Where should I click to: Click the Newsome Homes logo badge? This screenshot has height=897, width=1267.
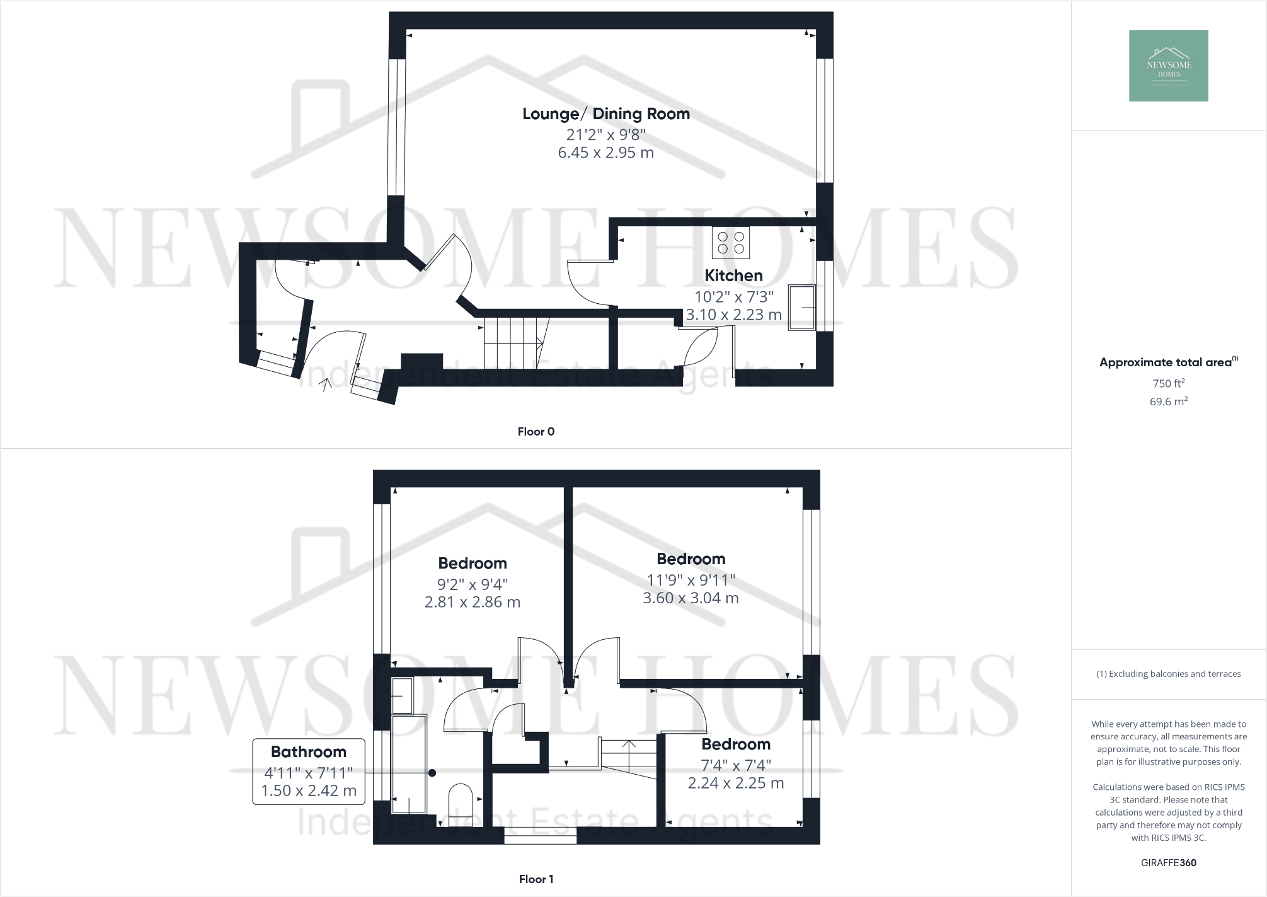pyautogui.click(x=1168, y=66)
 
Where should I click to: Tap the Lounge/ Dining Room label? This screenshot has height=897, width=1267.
pyautogui.click(x=605, y=114)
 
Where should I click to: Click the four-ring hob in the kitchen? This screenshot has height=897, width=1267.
pyautogui.click(x=731, y=243)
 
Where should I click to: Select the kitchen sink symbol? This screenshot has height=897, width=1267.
pyautogui.click(x=801, y=308)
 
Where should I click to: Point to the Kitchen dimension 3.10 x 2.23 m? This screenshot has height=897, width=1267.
pyautogui.click(x=733, y=315)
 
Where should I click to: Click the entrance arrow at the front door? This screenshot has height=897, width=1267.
pyautogui.click(x=326, y=384)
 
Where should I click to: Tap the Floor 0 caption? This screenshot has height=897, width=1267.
pyautogui.click(x=536, y=432)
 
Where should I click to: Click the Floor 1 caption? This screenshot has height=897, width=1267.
pyautogui.click(x=536, y=879)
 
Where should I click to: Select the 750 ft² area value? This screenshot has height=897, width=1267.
pyautogui.click(x=1168, y=383)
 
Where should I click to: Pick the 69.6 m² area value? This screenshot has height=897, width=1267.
pyautogui.click(x=1168, y=402)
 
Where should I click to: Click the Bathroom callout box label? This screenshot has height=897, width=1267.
pyautogui.click(x=308, y=752)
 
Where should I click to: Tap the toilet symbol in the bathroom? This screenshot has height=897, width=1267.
pyautogui.click(x=460, y=799)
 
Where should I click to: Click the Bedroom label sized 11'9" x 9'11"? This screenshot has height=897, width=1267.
pyautogui.click(x=691, y=559)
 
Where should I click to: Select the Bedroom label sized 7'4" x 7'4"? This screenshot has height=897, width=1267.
pyautogui.click(x=735, y=744)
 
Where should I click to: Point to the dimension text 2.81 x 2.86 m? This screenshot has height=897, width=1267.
pyautogui.click(x=472, y=602)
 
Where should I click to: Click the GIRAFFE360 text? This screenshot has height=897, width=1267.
pyautogui.click(x=1168, y=863)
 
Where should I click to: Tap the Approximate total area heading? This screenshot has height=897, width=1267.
pyautogui.click(x=1165, y=362)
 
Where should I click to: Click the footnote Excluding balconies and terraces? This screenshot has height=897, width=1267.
pyautogui.click(x=1168, y=674)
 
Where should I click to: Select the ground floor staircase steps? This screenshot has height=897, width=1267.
pyautogui.click(x=510, y=343)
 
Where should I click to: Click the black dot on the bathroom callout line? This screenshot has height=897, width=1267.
pyautogui.click(x=432, y=772)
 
